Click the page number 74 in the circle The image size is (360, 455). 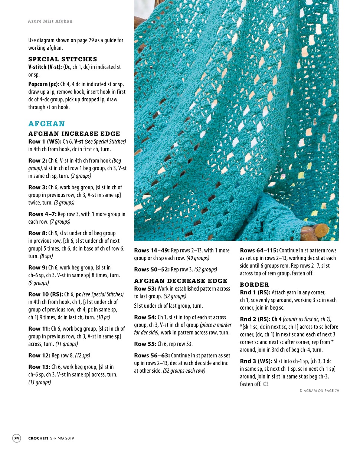coord(17,438)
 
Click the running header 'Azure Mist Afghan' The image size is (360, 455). coord(50,21)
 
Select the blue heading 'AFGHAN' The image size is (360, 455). coord(47,124)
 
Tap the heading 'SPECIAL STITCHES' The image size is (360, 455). coord(63,59)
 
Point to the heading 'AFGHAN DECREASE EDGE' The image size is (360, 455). coord(181,281)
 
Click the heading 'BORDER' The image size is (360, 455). coord(254,285)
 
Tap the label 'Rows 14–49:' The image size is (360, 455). coord(151,251)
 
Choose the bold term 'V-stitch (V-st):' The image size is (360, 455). coord(45,67)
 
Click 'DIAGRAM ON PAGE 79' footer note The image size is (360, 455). coord(319,390)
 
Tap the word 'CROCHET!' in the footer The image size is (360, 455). coord(38,438)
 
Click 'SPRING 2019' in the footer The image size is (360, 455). coord(62,438)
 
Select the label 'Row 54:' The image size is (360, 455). coord(145,317)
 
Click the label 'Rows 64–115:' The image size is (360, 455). coord(259,251)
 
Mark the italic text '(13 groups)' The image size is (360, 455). coord(40,382)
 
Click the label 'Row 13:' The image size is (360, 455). coord(39,367)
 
